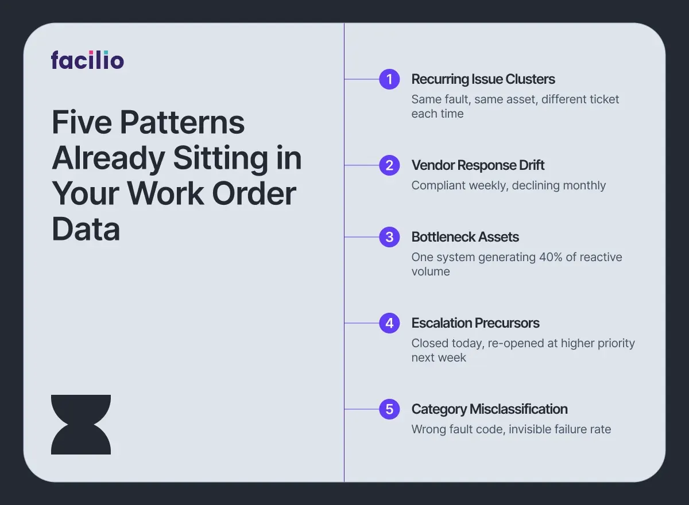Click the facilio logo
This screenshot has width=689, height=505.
pyautogui.click(x=87, y=60)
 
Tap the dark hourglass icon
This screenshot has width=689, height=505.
pyautogui.click(x=81, y=425)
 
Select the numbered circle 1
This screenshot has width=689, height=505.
pyautogui.click(x=389, y=79)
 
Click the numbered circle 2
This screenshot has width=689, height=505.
pyautogui.click(x=389, y=165)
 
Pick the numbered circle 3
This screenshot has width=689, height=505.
pyautogui.click(x=389, y=237)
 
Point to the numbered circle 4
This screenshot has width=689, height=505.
pyautogui.click(x=389, y=323)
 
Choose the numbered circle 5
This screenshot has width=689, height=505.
pyautogui.click(x=389, y=409)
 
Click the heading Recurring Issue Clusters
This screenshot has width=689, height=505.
pyautogui.click(x=483, y=79)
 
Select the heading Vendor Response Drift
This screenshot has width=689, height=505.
pyautogui.click(x=478, y=165)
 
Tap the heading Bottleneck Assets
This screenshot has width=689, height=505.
pyautogui.click(x=465, y=237)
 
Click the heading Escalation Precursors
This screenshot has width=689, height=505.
pyautogui.click(x=475, y=323)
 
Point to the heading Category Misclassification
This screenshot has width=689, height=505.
pyautogui.click(x=489, y=409)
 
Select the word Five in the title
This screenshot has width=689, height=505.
pyautogui.click(x=80, y=123)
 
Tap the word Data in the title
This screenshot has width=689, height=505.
pyautogui.click(x=86, y=230)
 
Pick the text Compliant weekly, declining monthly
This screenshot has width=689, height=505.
pyautogui.click(x=508, y=185)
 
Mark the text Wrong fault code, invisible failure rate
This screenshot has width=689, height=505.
pyautogui.click(x=511, y=429)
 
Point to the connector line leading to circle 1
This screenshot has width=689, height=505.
pyautogui.click(x=362, y=79)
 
